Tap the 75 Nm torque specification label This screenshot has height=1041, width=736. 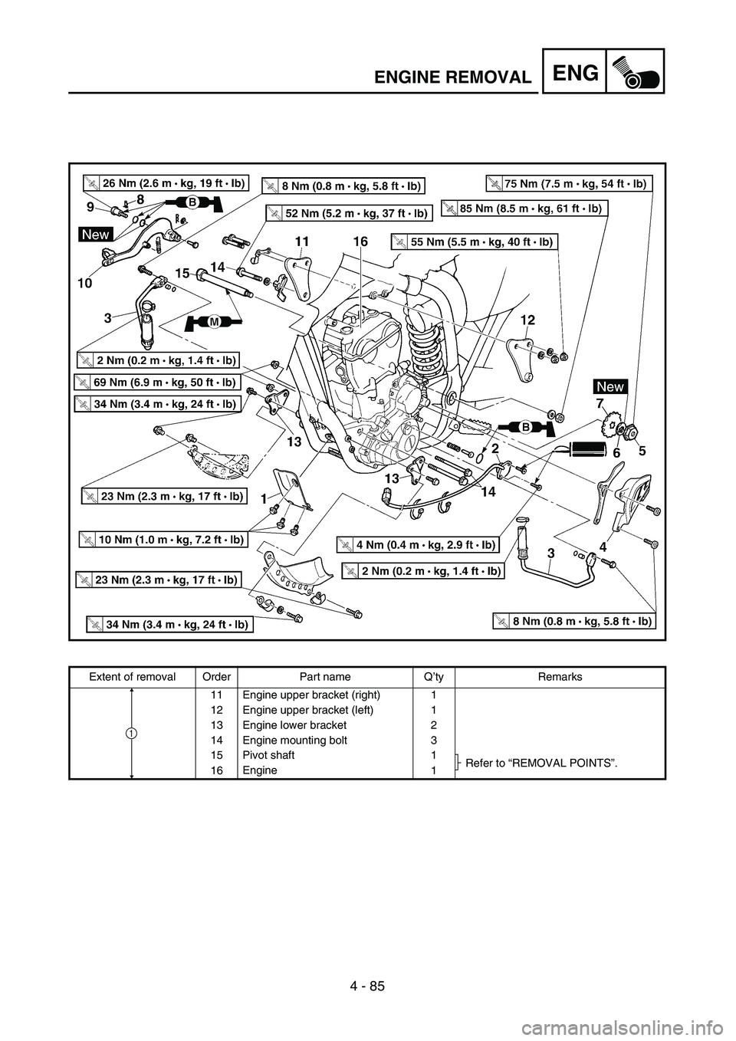point(569,183)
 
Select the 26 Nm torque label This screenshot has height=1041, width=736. point(166,183)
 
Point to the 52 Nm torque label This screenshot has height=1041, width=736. point(349,212)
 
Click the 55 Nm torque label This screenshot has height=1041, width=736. point(473,241)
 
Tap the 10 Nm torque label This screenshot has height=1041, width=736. point(163,540)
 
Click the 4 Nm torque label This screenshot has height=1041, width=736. point(419,545)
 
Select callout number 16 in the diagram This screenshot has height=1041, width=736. point(360,242)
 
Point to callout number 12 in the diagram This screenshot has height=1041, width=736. point(526,318)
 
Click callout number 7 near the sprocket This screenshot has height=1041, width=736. point(599,402)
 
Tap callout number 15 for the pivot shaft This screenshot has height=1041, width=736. point(182,273)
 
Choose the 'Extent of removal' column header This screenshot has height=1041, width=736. point(132,677)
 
